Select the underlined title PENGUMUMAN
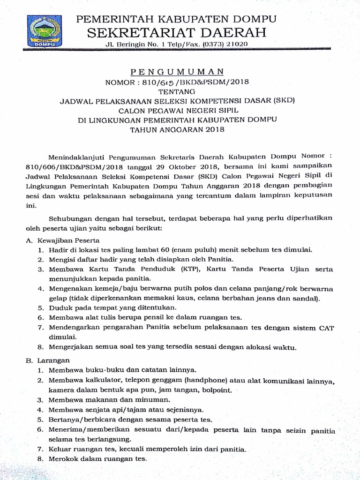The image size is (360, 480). tap(176, 72)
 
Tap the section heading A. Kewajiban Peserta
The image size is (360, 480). tap(52, 240)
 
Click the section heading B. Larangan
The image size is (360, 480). tap(47, 360)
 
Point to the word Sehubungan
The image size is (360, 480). tap(71, 218)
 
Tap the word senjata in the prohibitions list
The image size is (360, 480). tap(97, 409)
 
